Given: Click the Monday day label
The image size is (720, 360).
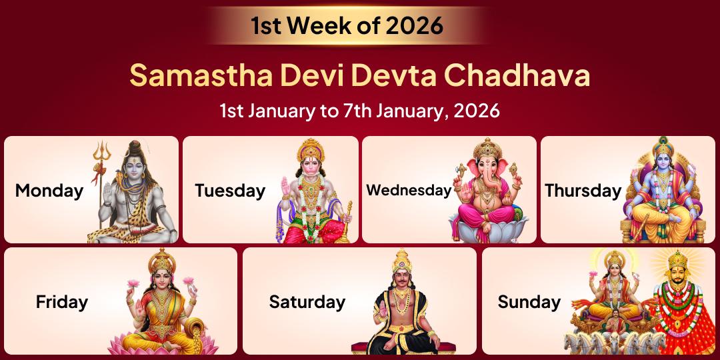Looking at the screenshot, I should coord(49,191).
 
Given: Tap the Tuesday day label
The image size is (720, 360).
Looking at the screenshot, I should coord(230,191).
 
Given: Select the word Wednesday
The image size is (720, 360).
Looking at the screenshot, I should coord(409,190).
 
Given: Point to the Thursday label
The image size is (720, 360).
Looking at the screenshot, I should coord(583,191).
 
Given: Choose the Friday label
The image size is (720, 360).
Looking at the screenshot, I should coord(62,301).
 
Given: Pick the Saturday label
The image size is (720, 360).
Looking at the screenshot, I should coord(307,301).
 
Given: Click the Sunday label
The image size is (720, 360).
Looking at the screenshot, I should coord(529,301).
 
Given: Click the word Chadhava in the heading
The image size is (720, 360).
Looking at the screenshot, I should coord(517,75).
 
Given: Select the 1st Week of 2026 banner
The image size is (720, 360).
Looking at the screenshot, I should coord(347,25).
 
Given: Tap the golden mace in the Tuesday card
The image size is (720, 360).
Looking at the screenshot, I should coord(345,220).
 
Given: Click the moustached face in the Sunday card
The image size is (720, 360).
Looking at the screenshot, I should coord(677,279).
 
